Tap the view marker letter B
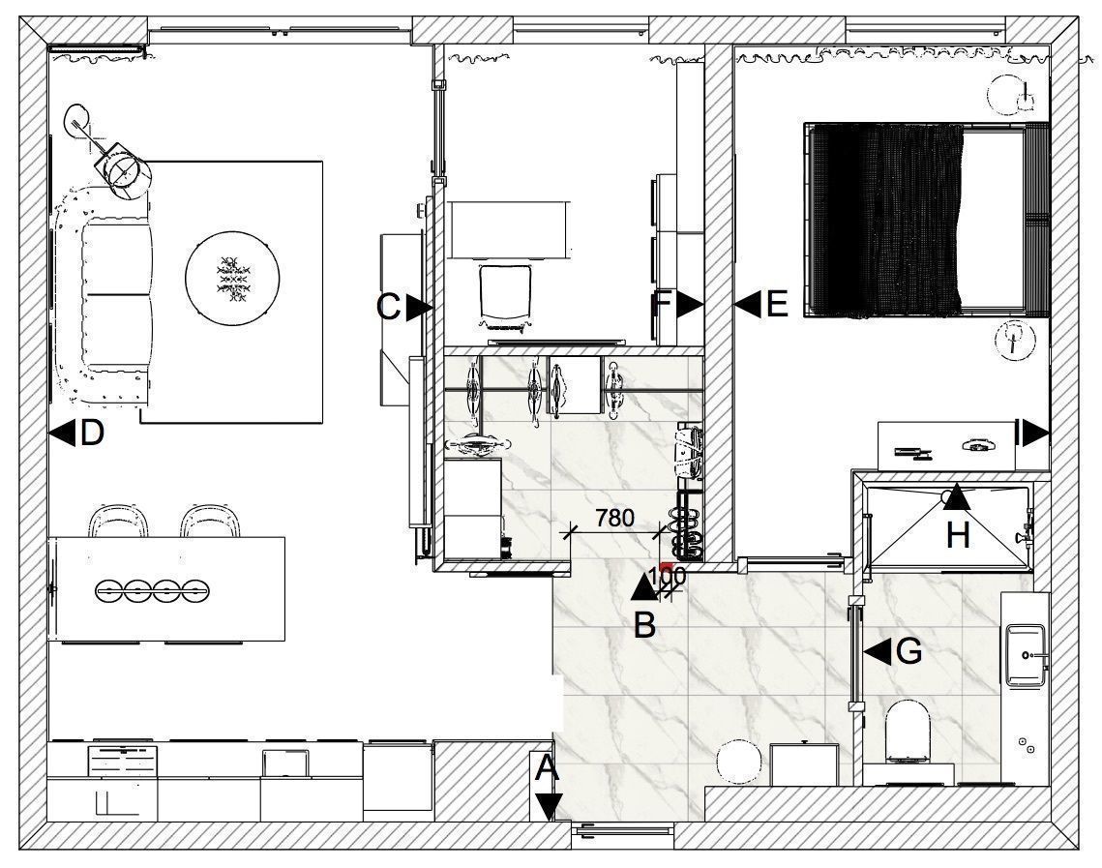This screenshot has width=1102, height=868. click(x=644, y=625)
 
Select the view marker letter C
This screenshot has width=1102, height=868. click(x=389, y=307)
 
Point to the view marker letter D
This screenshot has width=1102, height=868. click(x=92, y=433)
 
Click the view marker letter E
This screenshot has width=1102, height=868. click(x=777, y=304)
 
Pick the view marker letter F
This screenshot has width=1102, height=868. click(x=664, y=304)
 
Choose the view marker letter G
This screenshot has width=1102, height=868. click(x=908, y=651)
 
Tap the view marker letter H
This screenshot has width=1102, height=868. click(x=958, y=535)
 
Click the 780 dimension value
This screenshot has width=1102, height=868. click(x=615, y=518)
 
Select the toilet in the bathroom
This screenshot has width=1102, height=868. click(x=908, y=732)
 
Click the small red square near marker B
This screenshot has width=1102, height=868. click(x=667, y=566)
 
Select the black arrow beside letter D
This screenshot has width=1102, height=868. click(x=63, y=433)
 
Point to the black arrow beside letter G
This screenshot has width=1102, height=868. click(x=878, y=651)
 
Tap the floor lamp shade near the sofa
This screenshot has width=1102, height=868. click(x=124, y=170)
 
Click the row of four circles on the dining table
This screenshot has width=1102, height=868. click(x=151, y=589)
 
